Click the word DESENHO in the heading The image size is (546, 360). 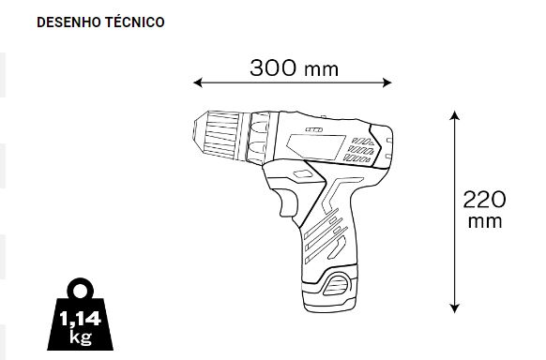coord(68,22)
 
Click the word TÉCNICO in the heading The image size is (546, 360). coord(135,22)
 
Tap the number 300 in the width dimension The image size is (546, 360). coord(273,67)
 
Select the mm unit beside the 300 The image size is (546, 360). coord(321,69)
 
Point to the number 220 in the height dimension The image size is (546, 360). coord(484,200)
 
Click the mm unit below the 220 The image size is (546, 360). coord(485,222)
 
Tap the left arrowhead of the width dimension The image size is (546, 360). coord(197,82)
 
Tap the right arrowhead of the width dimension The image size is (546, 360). coord(387,82)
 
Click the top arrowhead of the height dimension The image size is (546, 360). coord(454,115)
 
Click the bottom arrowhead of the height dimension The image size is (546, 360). coord(454,308)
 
